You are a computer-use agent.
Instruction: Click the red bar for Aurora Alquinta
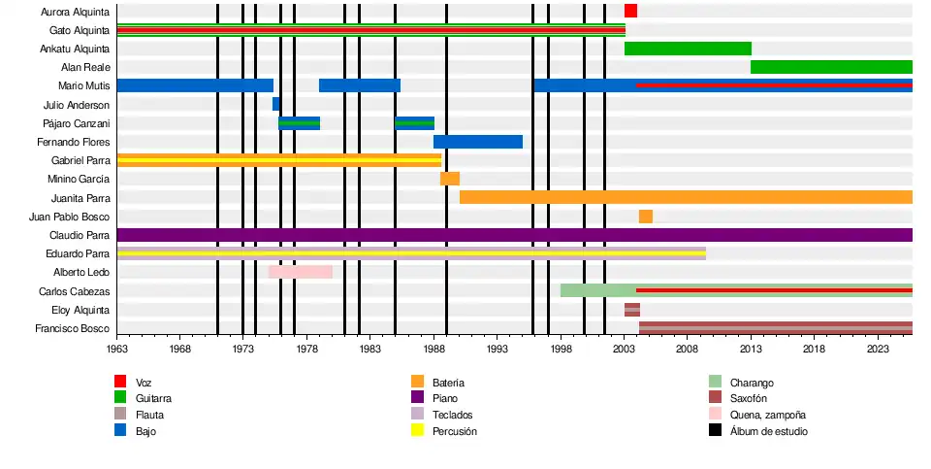(x=630, y=11)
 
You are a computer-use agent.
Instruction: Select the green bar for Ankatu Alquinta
(x=688, y=49)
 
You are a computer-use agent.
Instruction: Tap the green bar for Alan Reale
(x=831, y=67)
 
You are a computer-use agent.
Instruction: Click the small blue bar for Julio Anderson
(x=275, y=104)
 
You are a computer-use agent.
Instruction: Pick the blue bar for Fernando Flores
(x=478, y=142)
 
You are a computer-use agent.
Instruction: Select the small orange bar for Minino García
(x=450, y=179)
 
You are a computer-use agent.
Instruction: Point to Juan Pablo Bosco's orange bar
(x=646, y=217)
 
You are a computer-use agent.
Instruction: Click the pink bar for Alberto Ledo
(x=301, y=272)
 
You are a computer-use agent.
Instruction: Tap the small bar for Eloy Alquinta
(x=632, y=310)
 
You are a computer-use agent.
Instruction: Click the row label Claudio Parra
(x=80, y=235)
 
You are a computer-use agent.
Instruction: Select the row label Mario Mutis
(x=83, y=86)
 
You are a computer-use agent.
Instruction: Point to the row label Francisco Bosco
(x=76, y=329)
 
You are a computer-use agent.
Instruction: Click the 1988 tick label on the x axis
(x=433, y=348)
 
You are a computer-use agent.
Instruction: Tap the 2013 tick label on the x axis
(x=751, y=348)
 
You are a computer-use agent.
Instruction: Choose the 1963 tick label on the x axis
(x=117, y=348)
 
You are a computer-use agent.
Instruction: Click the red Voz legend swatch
(x=120, y=382)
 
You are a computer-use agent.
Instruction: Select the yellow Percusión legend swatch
(x=418, y=430)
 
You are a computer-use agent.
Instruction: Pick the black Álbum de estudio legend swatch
(x=715, y=430)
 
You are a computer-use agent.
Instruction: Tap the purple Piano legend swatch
(x=418, y=398)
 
